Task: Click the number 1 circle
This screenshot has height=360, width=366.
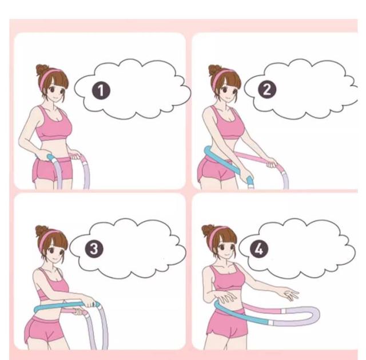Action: (x=101, y=90)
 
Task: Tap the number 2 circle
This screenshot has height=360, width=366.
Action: (x=267, y=89)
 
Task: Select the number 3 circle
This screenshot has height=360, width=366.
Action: (x=94, y=248)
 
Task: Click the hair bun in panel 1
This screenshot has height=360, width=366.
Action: (x=42, y=70)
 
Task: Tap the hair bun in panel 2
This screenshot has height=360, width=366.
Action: (x=214, y=70)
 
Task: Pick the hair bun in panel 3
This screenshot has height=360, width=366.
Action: (x=41, y=231)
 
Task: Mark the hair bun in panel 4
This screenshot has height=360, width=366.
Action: (x=208, y=231)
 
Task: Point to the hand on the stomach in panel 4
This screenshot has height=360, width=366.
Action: (x=226, y=296)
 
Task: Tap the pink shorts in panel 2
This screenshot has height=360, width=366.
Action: (x=215, y=169)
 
